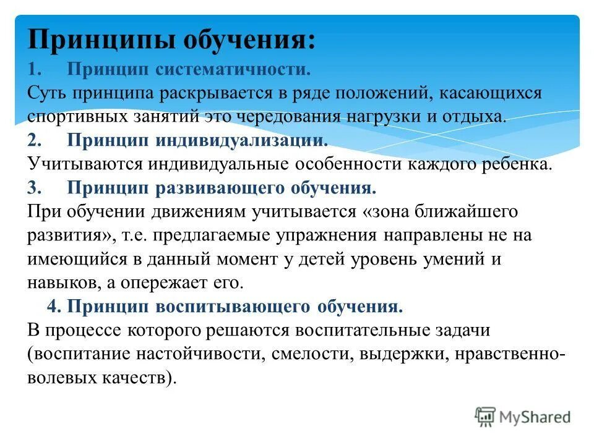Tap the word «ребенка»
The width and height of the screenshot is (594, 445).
[519, 164]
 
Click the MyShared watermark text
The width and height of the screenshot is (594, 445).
[535, 417]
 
